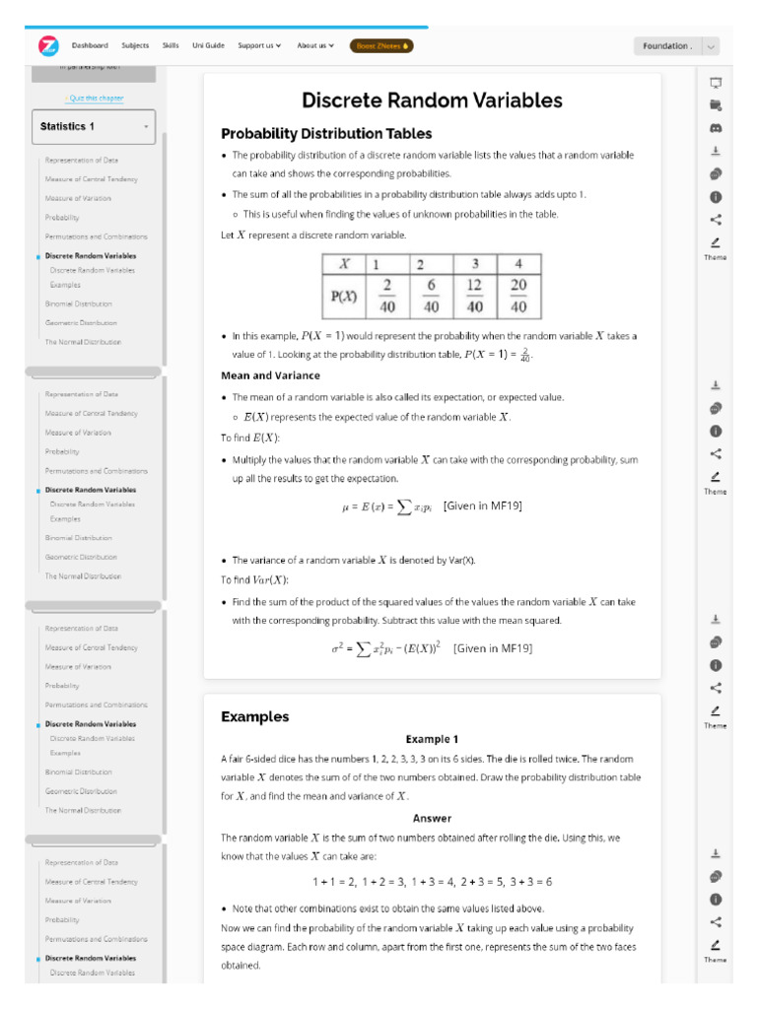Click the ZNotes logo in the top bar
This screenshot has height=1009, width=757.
(x=48, y=46)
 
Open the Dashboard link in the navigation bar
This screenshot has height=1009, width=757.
(x=90, y=45)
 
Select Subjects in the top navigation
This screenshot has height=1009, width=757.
(x=135, y=45)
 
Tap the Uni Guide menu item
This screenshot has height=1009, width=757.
(x=208, y=45)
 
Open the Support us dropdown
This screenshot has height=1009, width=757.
(x=259, y=45)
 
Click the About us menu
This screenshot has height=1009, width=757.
(x=315, y=45)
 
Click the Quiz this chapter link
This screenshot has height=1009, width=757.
(x=95, y=99)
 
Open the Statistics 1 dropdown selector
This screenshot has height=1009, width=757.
(x=94, y=126)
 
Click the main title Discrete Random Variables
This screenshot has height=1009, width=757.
(x=432, y=101)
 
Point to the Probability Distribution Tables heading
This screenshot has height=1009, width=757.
(x=326, y=134)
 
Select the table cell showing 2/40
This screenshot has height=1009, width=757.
(x=386, y=297)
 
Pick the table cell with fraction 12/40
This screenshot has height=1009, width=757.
(x=474, y=297)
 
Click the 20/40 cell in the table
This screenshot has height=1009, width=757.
(x=517, y=297)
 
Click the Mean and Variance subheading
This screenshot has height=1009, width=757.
(x=270, y=375)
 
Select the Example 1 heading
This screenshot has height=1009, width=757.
(x=432, y=739)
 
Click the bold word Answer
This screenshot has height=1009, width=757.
(x=432, y=818)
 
